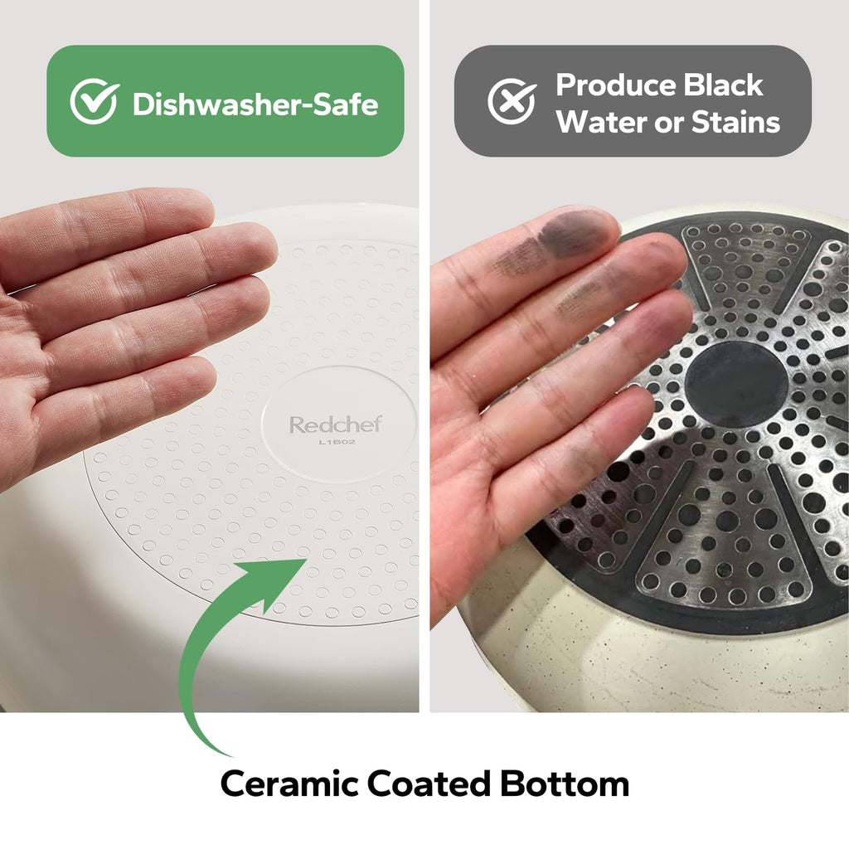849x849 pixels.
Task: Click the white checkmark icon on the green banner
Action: [x=95, y=101]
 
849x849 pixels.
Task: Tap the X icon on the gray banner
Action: [x=512, y=101]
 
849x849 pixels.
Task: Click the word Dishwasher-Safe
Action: [x=255, y=104]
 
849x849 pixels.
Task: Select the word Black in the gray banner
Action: [x=723, y=85]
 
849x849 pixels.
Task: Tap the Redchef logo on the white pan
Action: [x=336, y=425]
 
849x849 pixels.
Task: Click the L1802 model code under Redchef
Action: [x=337, y=442]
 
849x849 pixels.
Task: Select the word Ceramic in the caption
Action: [x=289, y=784]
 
